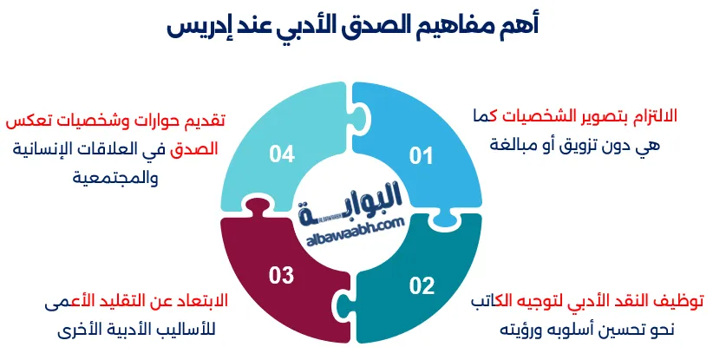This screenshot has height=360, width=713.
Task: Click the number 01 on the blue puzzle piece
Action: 421,156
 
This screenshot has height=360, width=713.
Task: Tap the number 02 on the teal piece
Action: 421,284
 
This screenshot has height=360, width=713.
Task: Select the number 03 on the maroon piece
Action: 282,277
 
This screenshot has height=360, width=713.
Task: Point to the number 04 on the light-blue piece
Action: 282,154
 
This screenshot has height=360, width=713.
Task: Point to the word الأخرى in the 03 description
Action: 70,331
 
